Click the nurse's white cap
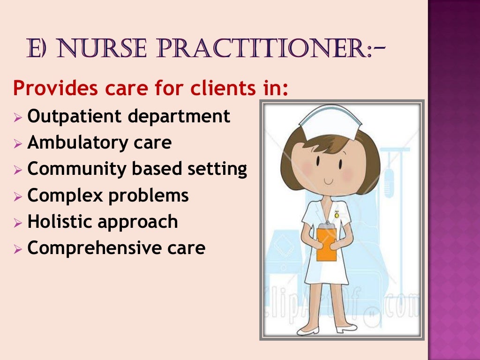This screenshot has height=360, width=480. pyautogui.click(x=331, y=121)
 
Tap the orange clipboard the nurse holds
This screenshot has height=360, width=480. pyautogui.click(x=327, y=243)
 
